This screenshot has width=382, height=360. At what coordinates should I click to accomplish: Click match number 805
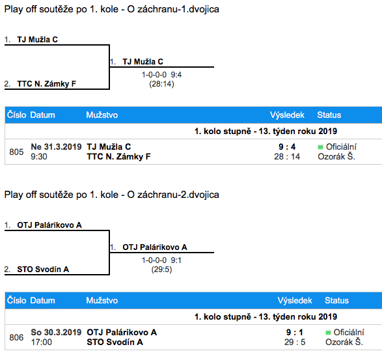(x=16, y=152)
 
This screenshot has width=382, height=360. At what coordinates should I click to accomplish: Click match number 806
(x=16, y=337)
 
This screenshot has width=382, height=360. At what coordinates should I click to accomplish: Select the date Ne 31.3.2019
(x=56, y=146)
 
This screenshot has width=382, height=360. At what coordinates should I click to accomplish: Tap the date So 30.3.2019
(x=56, y=332)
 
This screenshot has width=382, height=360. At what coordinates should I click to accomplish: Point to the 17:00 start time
(x=42, y=342)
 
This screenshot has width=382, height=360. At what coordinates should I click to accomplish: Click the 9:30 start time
(x=39, y=156)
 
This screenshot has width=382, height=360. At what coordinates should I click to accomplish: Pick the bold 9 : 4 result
(x=287, y=146)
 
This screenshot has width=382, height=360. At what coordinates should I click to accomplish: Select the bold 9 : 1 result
(x=295, y=332)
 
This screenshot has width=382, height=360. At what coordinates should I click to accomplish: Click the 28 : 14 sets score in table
(x=287, y=156)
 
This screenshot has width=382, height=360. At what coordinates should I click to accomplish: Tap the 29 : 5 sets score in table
(x=295, y=342)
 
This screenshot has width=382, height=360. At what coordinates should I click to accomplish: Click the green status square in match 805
(x=320, y=147)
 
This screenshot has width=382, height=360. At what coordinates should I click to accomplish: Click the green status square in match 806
(x=328, y=333)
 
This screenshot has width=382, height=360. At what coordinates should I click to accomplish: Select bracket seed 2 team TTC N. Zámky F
(x=47, y=84)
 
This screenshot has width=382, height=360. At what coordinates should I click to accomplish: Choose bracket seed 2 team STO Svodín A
(x=43, y=270)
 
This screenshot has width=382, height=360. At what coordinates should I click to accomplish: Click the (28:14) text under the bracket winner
(x=161, y=84)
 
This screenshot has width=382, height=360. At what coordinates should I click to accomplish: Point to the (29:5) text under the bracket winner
(x=161, y=270)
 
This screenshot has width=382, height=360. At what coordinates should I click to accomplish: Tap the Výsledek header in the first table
(x=287, y=115)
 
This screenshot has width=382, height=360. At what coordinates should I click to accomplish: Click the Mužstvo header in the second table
(x=102, y=300)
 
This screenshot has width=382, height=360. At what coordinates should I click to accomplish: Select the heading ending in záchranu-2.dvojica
(x=111, y=195)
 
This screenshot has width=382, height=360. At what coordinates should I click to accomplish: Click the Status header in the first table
(x=329, y=115)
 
